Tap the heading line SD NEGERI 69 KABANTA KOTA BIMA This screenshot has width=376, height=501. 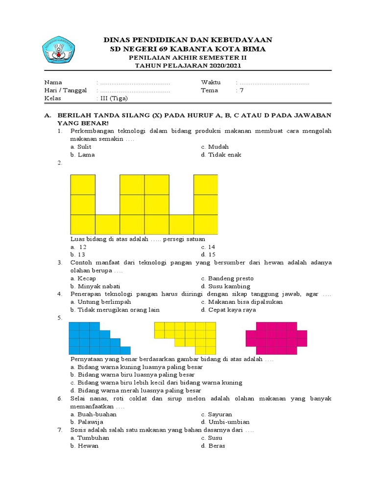click(188, 49)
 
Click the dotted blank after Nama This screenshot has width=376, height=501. click(135, 82)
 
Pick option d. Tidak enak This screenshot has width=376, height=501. click(221, 155)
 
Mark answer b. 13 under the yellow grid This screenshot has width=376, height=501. click(78, 254)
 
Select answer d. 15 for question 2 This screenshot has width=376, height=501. click(208, 254)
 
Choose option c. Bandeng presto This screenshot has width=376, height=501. click(227, 278)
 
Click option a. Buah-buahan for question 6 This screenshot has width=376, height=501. click(94, 414)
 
